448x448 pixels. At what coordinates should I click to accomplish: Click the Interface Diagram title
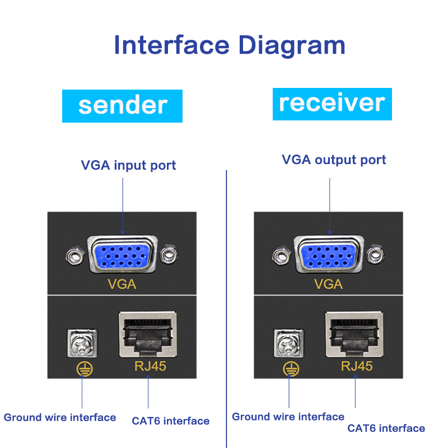(x=229, y=45)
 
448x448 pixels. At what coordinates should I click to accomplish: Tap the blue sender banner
(x=122, y=105)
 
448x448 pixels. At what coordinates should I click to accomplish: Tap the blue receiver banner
(x=332, y=104)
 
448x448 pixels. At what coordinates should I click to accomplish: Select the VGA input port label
(x=128, y=165)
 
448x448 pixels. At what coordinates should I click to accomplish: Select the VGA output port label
(x=334, y=160)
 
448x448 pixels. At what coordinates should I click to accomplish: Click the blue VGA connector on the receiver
(x=329, y=255)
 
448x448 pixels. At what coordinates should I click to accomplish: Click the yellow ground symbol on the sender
(x=83, y=368)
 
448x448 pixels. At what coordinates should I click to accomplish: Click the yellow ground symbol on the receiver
(x=290, y=368)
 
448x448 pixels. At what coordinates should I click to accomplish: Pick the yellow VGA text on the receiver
(x=328, y=284)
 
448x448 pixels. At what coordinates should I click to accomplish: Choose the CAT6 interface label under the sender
(x=170, y=421)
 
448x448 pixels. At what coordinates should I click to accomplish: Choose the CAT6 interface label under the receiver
(x=386, y=428)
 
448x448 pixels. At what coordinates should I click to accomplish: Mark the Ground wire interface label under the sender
(x=60, y=417)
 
